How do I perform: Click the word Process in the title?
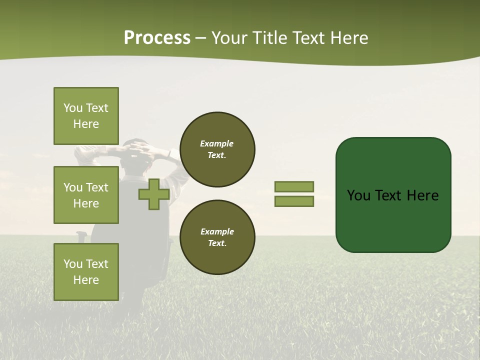157,38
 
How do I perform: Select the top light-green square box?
86,116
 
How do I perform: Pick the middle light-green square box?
86,195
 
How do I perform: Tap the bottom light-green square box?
86,272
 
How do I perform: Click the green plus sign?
154,194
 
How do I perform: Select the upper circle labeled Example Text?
217,149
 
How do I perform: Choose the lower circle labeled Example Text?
217,237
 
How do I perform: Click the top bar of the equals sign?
294,186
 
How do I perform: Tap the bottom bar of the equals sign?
294,201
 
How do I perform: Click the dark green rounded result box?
393,220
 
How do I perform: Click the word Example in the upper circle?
217,144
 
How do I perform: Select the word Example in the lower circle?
217,232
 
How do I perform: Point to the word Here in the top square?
86,124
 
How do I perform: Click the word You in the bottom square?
73,264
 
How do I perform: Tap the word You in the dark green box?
358,195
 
